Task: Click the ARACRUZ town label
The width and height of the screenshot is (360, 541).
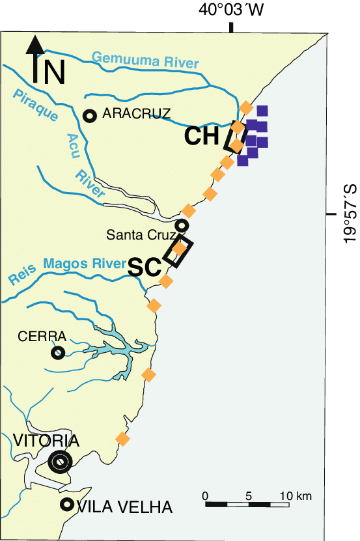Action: click(x=137, y=114)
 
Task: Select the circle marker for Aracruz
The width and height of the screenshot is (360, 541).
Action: click(x=90, y=116)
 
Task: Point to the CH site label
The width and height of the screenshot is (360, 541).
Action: click(x=201, y=136)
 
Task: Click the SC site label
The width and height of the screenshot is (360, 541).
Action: click(x=145, y=267)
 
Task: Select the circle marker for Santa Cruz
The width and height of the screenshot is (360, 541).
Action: click(x=182, y=225)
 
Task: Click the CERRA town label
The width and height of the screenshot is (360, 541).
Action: click(x=42, y=337)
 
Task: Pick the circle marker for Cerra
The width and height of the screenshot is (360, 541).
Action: click(x=57, y=353)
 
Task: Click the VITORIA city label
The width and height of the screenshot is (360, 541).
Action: click(x=46, y=441)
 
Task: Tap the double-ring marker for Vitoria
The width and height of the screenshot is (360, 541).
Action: click(x=60, y=462)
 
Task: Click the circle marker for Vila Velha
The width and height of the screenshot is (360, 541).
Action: click(x=66, y=504)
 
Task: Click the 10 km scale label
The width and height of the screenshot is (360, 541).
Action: click(x=296, y=496)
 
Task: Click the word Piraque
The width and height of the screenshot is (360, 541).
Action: click(x=35, y=106)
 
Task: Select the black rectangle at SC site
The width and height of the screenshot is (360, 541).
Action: click(x=178, y=251)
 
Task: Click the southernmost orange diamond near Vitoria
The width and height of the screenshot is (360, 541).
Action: click(x=122, y=439)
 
